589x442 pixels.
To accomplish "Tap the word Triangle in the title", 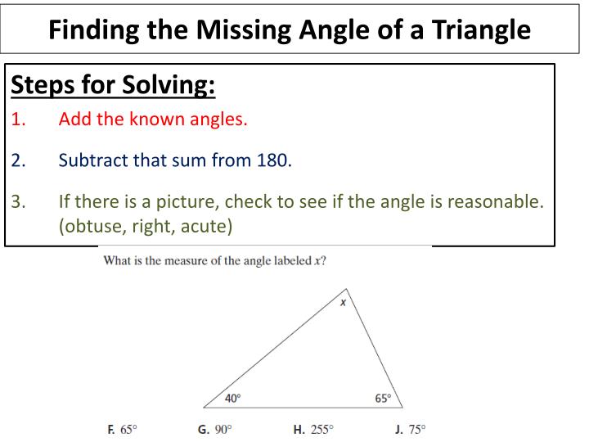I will coord(470,29).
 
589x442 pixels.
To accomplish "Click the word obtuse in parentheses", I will coord(94,225).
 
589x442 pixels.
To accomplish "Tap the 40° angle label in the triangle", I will coord(233,399).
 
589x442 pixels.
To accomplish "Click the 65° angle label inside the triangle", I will coord(383,399).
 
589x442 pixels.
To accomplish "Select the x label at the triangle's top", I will coord(344,302).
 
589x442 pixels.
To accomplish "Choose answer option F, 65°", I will coord(123,429).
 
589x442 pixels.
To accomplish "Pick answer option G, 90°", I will coord(215,429).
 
